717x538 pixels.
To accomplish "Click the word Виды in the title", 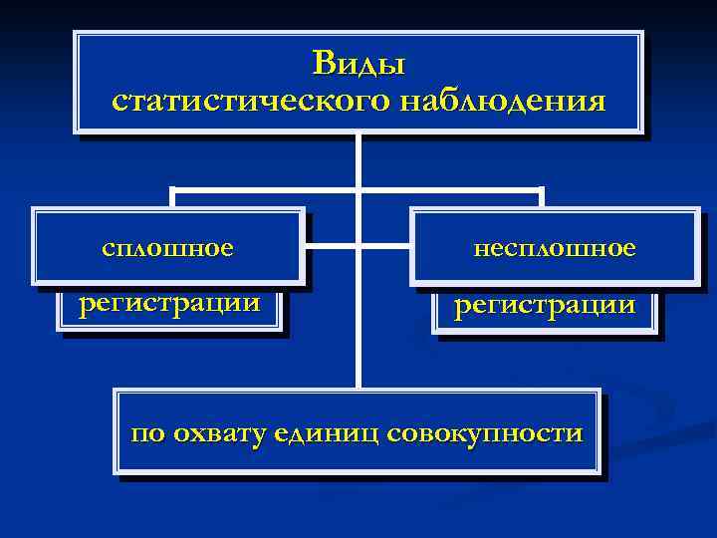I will (x=358, y=64).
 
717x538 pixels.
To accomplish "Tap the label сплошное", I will (x=167, y=246).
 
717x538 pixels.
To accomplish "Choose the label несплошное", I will (x=555, y=247).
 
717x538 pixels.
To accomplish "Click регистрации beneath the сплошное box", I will (x=170, y=301).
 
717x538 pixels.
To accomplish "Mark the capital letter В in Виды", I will (x=324, y=64).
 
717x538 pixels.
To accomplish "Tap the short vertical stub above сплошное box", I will (x=172, y=197).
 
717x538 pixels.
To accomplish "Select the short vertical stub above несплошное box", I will (x=543, y=197).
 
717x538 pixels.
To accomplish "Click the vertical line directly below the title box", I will (x=358, y=159).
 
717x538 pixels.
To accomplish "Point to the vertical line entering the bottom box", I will (x=358, y=369).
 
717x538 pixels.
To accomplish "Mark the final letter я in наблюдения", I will (x=596, y=102).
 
